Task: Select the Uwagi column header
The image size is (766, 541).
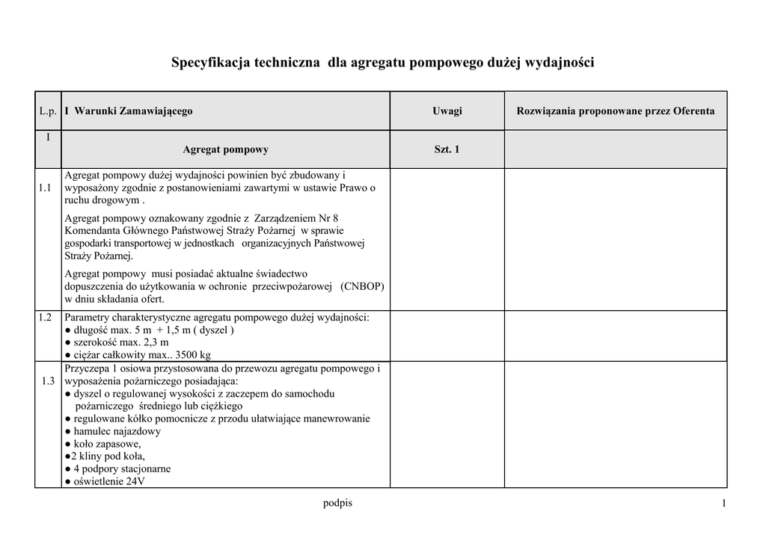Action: pos(447,111)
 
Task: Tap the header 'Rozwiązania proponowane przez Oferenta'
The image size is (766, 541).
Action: pos(615,111)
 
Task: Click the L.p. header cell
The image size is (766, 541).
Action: pos(48,111)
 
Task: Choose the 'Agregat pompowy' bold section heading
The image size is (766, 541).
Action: pos(225,149)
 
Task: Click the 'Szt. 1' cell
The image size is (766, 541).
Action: pos(447,149)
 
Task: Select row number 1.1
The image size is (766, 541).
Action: pos(45,188)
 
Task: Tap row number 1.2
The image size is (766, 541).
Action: pos(45,318)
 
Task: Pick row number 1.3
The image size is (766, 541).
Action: pos(48,381)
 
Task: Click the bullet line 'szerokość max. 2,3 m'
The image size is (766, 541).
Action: pos(118,343)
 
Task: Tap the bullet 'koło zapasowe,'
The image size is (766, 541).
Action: pos(104,444)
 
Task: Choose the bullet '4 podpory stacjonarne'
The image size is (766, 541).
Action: pos(119,469)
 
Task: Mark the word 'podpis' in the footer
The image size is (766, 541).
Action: pos(337,503)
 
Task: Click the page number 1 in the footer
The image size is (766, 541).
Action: pos(724,504)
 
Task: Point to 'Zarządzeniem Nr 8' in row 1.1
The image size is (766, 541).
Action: pos(297,218)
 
